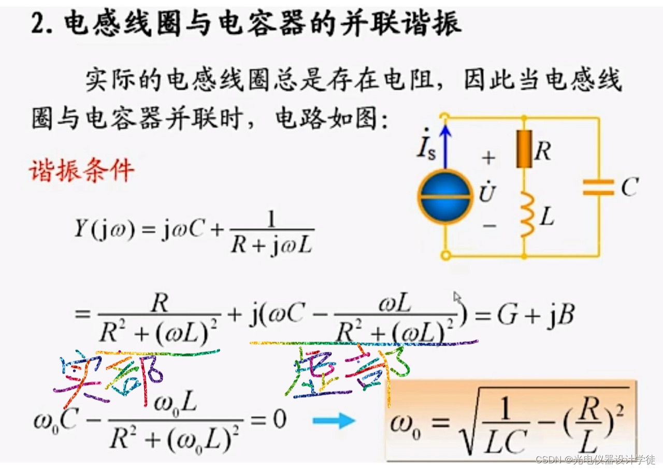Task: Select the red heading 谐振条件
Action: pos(81,170)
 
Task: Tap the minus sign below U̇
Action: pos(488,225)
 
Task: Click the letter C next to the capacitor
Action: pos(629,187)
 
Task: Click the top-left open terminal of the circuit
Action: pos(444,117)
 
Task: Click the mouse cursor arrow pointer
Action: pos(457,297)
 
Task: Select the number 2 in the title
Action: pos(39,23)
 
